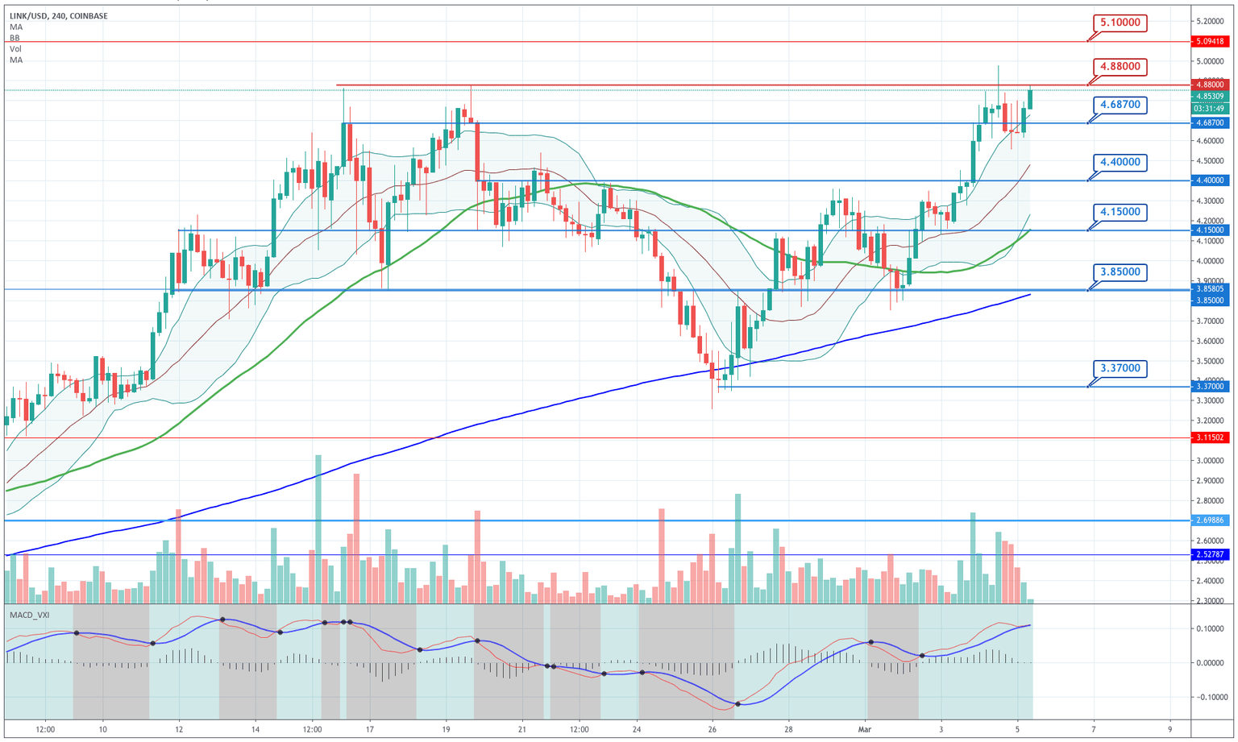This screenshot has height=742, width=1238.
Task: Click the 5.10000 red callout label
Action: [x=1120, y=23]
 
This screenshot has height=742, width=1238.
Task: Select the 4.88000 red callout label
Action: [x=1120, y=66]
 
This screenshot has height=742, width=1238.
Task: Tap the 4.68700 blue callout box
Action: [x=1120, y=105]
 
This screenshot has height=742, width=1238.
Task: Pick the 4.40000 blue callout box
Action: [x=1120, y=162]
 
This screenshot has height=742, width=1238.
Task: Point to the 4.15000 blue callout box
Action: [x=1120, y=212]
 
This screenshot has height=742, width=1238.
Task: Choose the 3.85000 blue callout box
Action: [x=1120, y=272]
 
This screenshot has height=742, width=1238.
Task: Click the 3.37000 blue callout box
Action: [x=1120, y=368]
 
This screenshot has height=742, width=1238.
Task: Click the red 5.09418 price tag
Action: [x=1210, y=41]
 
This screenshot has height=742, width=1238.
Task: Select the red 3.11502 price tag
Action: [x=1210, y=437]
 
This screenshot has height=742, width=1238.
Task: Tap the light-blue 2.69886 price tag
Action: [x=1210, y=520]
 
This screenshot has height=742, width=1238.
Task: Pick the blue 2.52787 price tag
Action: [x=1210, y=554]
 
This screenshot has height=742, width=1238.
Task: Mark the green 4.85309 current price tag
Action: [x=1210, y=96]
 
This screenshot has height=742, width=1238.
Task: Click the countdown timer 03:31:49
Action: [x=1210, y=108]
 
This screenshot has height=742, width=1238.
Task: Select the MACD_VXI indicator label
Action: [x=29, y=615]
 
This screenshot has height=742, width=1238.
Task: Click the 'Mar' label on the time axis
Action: [x=865, y=729]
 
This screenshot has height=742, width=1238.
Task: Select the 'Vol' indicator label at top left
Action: [x=15, y=49]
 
